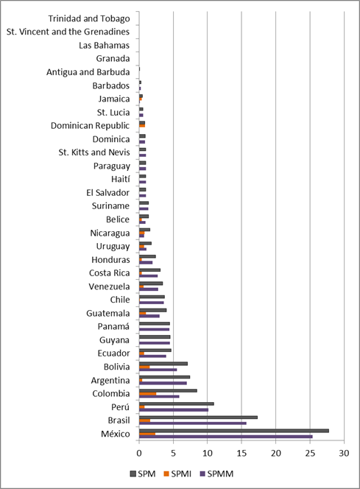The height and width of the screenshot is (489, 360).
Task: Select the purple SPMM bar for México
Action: pos(225,437)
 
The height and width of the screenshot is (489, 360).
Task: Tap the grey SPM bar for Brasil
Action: pos(198,418)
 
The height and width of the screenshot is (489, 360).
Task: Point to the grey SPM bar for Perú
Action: pos(177,404)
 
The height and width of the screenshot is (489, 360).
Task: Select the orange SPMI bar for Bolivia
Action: pos(144,367)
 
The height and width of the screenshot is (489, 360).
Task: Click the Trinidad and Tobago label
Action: pos(88,18)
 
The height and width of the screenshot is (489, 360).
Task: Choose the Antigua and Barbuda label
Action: pos(88,71)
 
